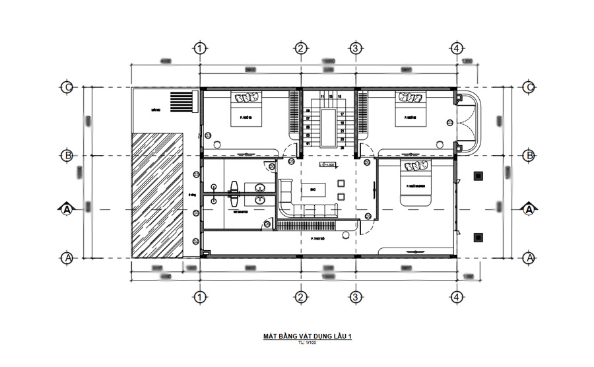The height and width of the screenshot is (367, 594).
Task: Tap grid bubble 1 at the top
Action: [x=201, y=48]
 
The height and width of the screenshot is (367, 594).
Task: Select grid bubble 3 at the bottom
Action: [x=356, y=296]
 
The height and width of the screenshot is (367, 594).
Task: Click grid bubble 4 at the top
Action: [x=456, y=48]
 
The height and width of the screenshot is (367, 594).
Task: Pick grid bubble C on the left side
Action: [x=67, y=88]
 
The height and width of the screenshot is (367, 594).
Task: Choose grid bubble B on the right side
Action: [x=529, y=156]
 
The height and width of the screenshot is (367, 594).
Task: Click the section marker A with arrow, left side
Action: [x=67, y=210]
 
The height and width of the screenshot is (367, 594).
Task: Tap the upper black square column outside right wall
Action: [x=478, y=176]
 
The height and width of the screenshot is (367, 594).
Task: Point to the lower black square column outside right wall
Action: [x=478, y=237]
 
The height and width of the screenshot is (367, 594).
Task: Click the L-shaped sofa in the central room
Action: [x=300, y=205]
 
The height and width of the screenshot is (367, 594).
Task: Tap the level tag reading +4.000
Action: [x=327, y=165]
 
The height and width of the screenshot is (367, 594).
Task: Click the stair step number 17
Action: [x=343, y=114]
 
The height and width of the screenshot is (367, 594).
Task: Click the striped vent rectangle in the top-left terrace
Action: [x=183, y=102]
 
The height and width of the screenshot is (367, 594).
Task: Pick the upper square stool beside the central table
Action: [x=341, y=184]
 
